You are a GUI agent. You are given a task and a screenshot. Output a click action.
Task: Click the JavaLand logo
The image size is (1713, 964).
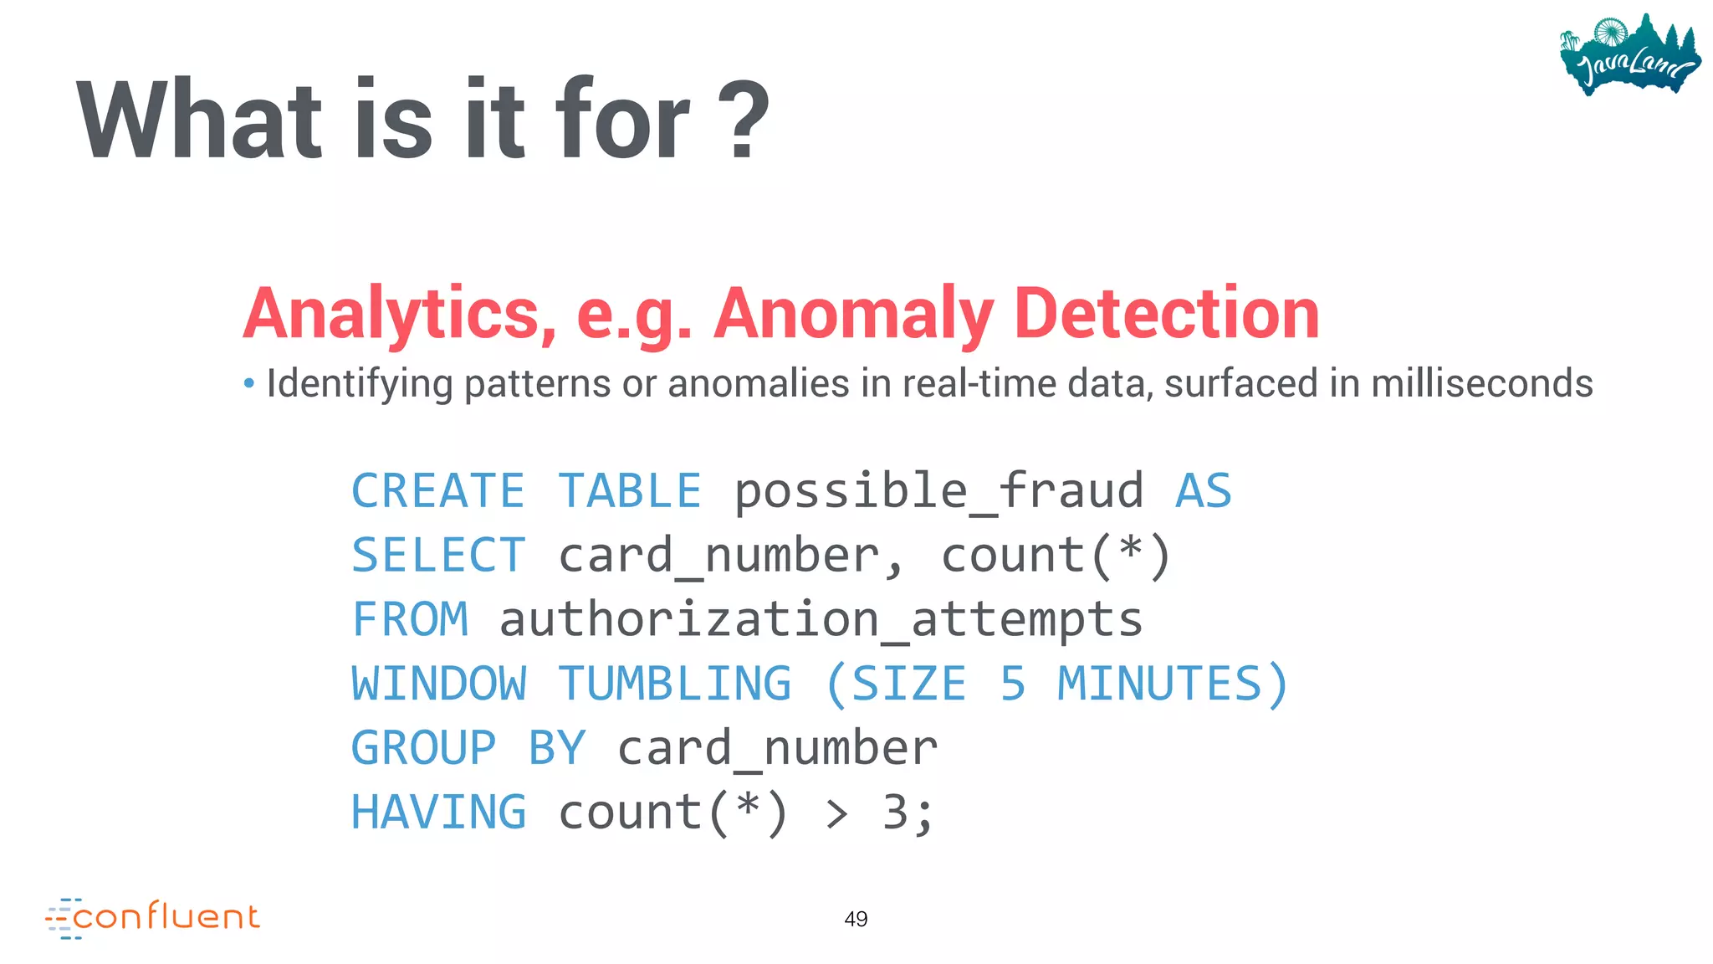click(x=1629, y=55)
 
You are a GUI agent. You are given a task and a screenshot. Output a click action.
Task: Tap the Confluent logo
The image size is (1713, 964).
click(x=153, y=918)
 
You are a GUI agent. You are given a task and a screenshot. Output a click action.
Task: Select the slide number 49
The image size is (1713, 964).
click(x=856, y=919)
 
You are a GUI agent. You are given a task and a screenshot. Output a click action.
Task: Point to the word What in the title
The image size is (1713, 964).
click(x=199, y=119)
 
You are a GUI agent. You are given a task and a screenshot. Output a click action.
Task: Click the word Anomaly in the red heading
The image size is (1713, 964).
click(x=853, y=313)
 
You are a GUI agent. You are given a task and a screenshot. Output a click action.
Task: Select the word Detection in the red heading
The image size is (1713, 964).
click(x=1166, y=313)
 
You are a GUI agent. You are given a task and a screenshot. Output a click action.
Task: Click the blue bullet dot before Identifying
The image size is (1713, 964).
click(x=248, y=384)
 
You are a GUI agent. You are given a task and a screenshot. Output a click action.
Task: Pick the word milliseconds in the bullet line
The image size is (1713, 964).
click(x=1481, y=383)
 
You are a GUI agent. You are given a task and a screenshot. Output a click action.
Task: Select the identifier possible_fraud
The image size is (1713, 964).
click(x=938, y=490)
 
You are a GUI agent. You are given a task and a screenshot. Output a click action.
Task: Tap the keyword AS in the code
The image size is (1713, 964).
click(x=1203, y=490)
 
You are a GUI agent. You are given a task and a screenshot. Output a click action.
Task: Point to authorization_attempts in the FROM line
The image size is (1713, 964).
click(x=821, y=620)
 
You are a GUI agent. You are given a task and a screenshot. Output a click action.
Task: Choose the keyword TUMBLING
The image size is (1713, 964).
click(x=674, y=684)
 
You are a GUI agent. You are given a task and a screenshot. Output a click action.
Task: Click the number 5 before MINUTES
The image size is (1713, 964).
click(x=1012, y=684)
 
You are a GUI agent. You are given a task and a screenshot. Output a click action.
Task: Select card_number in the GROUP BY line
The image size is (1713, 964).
click(x=777, y=748)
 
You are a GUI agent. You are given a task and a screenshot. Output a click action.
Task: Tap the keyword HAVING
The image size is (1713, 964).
click(x=438, y=813)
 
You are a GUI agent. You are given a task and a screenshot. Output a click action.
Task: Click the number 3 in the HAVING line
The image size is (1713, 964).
click(x=895, y=813)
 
